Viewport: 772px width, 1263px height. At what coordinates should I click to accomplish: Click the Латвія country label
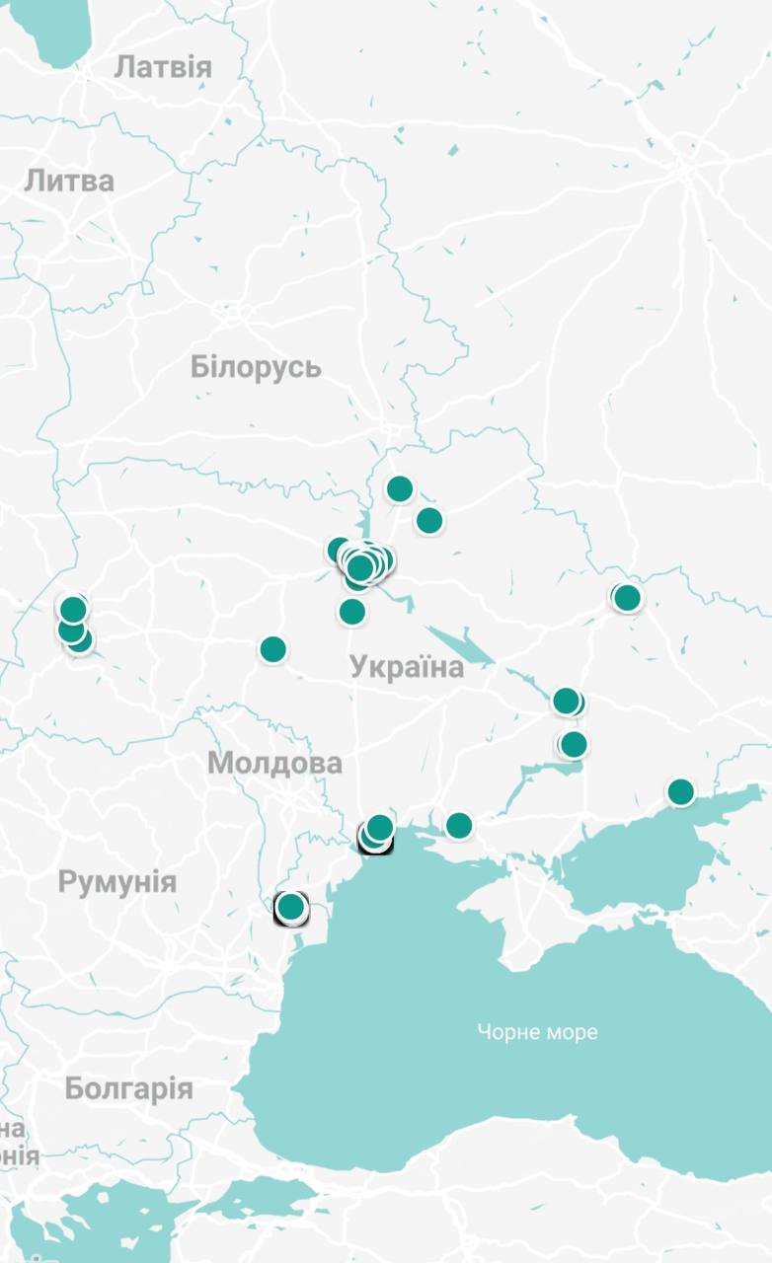coord(163,67)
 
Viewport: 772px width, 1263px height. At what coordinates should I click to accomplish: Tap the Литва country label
coord(69,181)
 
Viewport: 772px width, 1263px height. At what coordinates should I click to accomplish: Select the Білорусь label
coord(256,367)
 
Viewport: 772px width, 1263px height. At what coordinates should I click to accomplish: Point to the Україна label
coord(407,667)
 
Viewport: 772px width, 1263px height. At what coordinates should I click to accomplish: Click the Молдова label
coord(274,763)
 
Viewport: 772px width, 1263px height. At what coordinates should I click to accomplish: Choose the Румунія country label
coord(116,881)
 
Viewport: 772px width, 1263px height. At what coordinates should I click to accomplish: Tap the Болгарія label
coord(128,1088)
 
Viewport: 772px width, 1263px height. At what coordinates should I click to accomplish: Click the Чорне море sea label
coord(537,1032)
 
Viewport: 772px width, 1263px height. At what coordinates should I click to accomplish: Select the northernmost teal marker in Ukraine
coord(399,488)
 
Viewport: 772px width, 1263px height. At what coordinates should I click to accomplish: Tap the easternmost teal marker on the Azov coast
coord(680,791)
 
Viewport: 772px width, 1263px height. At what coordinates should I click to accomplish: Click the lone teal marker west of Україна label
coord(272,649)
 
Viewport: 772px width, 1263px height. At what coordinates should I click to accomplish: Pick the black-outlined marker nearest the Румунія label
coord(291,907)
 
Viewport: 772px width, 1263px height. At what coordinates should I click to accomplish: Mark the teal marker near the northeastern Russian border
coord(627,597)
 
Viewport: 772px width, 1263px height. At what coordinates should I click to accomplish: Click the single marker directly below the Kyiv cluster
coord(352,612)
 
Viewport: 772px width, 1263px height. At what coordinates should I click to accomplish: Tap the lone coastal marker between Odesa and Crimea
coord(458,825)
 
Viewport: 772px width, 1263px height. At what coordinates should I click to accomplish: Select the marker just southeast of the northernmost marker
coord(428,520)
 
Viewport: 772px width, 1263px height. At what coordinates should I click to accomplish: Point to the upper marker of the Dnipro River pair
coord(566,701)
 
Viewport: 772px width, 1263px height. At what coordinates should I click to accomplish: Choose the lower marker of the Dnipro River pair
coord(574,744)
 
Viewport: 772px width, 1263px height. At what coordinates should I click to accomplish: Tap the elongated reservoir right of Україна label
coord(464,646)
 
